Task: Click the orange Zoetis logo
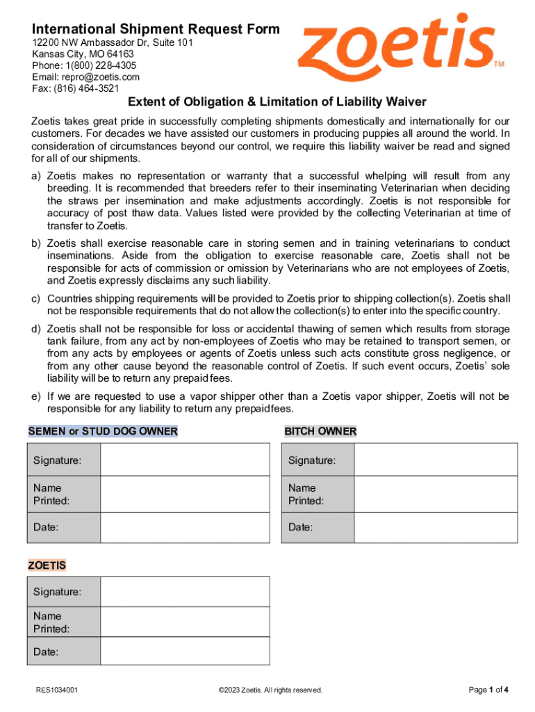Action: pos(399,47)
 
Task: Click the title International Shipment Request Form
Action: pos(156,29)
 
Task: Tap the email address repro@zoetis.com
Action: pos(86,76)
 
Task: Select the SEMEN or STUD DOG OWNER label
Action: pos(103,431)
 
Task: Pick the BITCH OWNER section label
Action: pos(320,431)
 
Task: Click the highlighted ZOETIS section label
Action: pos(47,565)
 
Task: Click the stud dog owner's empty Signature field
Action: pos(185,460)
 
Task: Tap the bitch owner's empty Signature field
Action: pos(436,460)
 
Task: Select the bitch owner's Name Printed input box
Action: pos(436,494)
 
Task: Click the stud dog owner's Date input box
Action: pos(185,527)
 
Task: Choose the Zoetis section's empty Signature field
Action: pos(185,592)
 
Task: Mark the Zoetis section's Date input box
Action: pos(185,652)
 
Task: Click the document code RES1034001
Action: pos(57,690)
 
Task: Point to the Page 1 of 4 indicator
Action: pos(488,690)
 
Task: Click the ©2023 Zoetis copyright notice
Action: pos(270,690)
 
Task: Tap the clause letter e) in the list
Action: pos(35,396)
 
